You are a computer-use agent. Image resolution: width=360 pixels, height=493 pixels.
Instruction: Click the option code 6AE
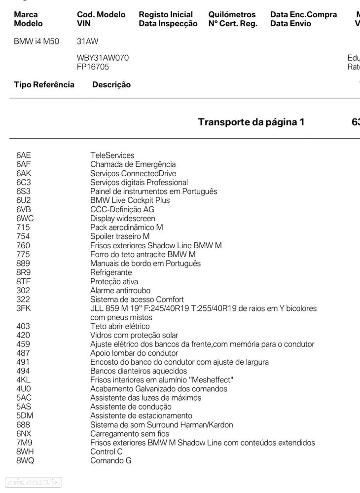coord(24,155)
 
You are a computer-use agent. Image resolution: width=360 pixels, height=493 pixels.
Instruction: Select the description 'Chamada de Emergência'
coord(133,164)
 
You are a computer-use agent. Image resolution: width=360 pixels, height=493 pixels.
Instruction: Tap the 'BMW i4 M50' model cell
coord(36,41)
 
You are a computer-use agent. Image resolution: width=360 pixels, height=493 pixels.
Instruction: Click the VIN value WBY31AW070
coord(103,58)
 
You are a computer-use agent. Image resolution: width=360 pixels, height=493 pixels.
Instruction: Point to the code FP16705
coord(93,67)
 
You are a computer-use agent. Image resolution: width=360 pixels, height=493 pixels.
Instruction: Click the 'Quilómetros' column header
coord(232,15)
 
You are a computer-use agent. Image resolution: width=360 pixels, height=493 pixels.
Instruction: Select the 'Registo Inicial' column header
coord(166,15)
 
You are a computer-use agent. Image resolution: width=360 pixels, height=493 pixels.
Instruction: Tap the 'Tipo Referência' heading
coord(44,84)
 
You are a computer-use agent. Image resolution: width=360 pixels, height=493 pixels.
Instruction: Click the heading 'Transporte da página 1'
coord(251,122)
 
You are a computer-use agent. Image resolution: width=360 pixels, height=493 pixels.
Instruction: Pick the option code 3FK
coord(23,308)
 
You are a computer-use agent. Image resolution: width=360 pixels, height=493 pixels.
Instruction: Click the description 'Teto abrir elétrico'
coord(120,326)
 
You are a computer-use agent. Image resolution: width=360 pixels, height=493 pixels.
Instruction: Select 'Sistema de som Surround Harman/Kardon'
coord(162,425)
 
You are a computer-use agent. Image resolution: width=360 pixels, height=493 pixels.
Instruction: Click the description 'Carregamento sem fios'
coord(130,434)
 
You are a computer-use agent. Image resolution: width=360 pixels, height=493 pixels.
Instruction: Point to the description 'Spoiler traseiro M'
coord(120,236)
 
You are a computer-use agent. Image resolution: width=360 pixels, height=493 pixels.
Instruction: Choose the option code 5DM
coord(24,416)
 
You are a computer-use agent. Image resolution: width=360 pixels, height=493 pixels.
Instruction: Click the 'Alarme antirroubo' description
coord(120,290)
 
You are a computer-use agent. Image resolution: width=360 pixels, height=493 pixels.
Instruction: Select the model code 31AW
coord(88,41)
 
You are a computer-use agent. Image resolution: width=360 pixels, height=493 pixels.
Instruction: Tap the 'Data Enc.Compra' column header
coord(303,15)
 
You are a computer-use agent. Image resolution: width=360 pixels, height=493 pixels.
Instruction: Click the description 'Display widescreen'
coord(123,218)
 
